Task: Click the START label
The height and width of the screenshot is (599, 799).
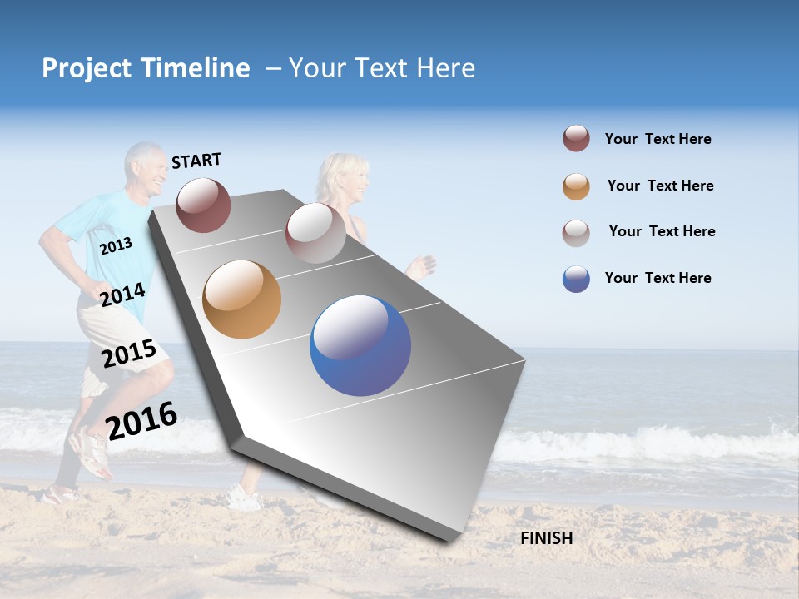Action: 196,161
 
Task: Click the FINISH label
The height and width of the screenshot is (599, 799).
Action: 546,538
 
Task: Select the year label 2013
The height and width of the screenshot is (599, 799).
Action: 116,245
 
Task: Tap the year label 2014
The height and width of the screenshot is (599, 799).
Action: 123,295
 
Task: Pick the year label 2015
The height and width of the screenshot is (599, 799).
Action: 129,354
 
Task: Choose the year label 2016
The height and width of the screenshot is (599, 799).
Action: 141,420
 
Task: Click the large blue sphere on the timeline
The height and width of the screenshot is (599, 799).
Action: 360,345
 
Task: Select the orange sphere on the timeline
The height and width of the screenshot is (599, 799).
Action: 241,299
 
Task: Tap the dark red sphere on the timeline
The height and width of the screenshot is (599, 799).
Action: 203,205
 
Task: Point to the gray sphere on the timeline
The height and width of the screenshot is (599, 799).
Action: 315,233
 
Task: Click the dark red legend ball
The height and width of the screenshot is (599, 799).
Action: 576,139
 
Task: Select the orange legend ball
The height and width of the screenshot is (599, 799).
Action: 576,186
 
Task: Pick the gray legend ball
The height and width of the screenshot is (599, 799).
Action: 576,232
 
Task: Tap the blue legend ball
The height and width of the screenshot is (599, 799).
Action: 576,279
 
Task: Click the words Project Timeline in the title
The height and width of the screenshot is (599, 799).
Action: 146,68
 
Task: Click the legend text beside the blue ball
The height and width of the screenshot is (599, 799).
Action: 658,278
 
